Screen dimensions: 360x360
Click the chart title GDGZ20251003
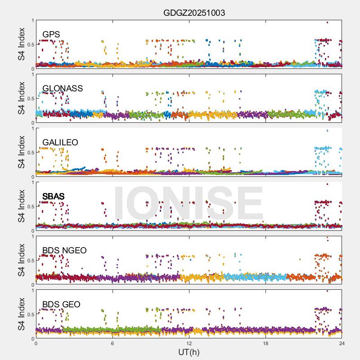click(x=194, y=13)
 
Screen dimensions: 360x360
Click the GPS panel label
click(x=51, y=35)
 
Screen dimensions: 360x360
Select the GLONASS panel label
click(x=63, y=89)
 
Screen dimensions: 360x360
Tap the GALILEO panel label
click(x=60, y=143)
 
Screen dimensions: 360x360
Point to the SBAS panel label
click(x=54, y=197)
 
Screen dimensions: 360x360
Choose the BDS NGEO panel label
click(x=64, y=251)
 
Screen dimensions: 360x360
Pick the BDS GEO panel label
click(x=61, y=305)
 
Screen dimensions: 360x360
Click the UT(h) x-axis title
click(x=189, y=351)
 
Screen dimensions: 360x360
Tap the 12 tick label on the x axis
click(x=189, y=343)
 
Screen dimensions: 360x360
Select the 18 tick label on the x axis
click(x=265, y=343)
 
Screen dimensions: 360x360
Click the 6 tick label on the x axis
click(x=112, y=343)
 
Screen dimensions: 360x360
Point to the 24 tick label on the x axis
click(x=342, y=343)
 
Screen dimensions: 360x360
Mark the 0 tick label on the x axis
click(x=36, y=343)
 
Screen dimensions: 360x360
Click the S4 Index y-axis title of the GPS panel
click(x=22, y=44)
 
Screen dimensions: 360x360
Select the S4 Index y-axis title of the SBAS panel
click(x=22, y=206)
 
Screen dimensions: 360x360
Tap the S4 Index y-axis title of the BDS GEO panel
click(x=22, y=314)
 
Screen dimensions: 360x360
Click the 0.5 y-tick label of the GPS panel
click(x=30, y=44)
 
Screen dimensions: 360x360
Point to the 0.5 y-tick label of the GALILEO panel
click(x=30, y=152)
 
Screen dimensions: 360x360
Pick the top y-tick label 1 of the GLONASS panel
click(x=32, y=74)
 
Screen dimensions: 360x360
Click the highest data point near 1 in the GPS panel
click(x=327, y=22)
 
